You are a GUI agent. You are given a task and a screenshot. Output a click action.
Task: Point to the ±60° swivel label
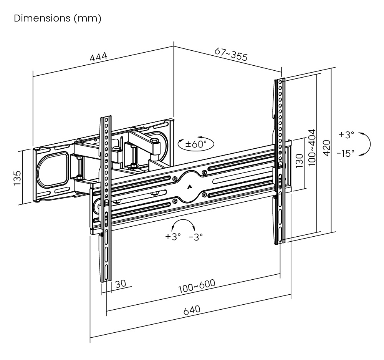tap(196, 144)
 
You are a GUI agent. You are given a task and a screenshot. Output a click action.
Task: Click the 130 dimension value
tap(300, 161)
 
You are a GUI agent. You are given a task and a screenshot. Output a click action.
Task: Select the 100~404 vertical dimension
tap(311, 148)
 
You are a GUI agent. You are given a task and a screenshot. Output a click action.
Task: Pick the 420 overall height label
tap(326, 148)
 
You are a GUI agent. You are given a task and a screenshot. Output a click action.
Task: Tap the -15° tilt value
tap(346, 153)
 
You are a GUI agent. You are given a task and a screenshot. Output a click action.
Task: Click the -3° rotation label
tap(195, 237)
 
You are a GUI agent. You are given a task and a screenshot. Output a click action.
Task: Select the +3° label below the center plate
tap(173, 237)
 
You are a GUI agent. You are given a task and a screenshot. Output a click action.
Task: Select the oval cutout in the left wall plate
tap(52, 168)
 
